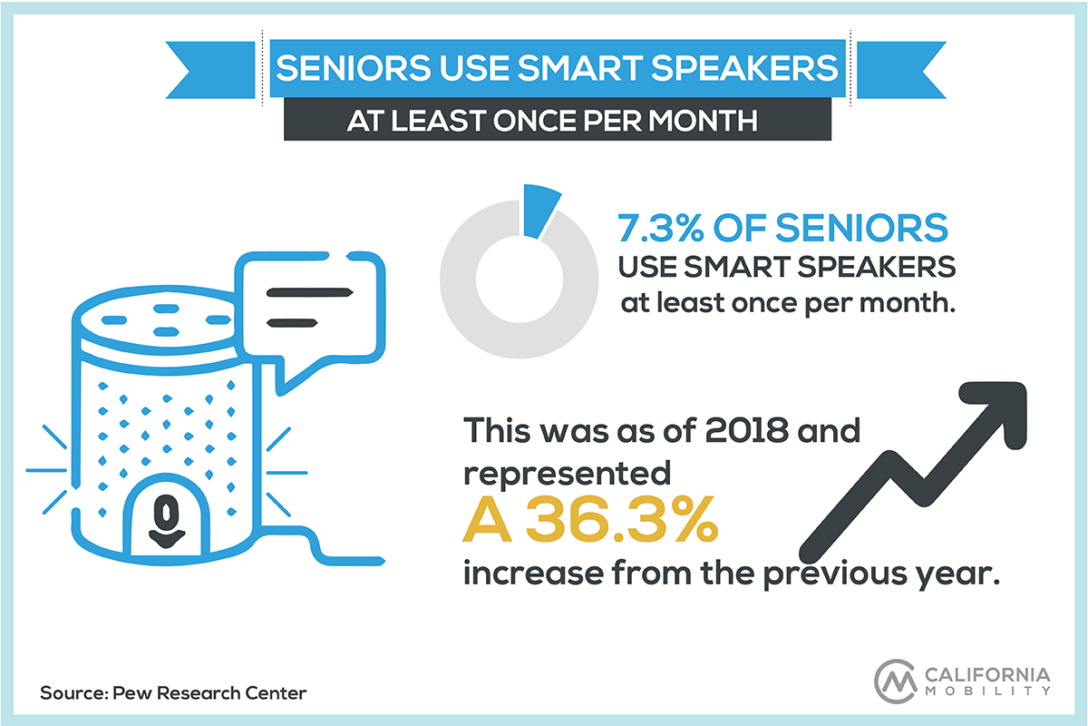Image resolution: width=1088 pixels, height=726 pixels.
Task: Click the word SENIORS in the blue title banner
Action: (353, 67)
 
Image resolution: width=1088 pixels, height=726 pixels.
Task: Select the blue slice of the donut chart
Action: (540, 211)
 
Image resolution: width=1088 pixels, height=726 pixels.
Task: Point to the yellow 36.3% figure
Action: (622, 519)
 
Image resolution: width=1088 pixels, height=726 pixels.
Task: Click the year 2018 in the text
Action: (747, 430)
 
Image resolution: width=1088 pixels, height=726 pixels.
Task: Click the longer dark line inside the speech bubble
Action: (309, 293)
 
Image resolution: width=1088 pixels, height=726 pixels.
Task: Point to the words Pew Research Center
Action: (209, 693)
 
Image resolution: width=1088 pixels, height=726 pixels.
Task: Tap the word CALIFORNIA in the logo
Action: (987, 675)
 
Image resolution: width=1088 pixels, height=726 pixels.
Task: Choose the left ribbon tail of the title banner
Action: (209, 70)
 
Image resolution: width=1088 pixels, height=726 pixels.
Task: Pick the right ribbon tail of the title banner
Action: (901, 70)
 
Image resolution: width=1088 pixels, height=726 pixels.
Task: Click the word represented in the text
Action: (567, 475)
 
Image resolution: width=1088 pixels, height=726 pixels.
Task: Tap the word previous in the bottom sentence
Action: (834, 574)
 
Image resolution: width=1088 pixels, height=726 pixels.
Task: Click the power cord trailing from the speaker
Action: (322, 545)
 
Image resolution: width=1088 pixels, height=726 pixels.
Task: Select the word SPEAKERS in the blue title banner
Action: (744, 67)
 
